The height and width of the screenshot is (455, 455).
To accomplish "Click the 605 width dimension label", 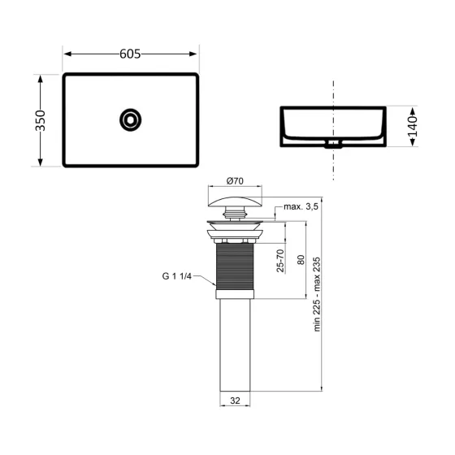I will click(130, 54).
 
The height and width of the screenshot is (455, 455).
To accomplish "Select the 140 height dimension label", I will click(412, 126).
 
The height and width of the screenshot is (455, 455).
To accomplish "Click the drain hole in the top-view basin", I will click(130, 120).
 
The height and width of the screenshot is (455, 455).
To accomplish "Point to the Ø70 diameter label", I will click(236, 180).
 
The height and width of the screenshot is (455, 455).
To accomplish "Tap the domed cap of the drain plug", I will click(236, 198).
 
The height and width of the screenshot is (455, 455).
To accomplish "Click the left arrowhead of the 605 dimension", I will click(67, 54).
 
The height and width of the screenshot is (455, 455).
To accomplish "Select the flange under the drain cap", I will click(236, 232).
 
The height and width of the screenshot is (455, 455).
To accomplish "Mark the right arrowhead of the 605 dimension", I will click(194, 54).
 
